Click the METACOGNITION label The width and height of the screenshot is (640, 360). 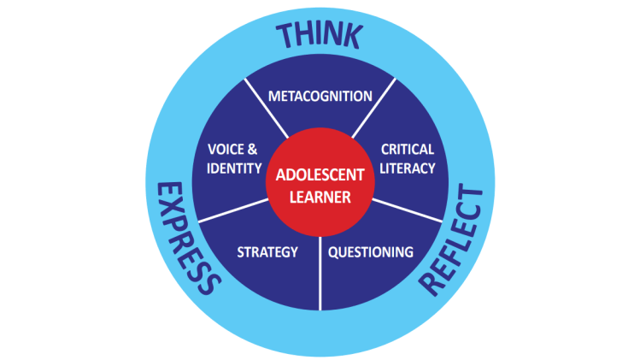(320, 95)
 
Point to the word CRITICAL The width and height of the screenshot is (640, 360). (408, 149)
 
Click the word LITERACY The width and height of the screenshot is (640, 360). (408, 168)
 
